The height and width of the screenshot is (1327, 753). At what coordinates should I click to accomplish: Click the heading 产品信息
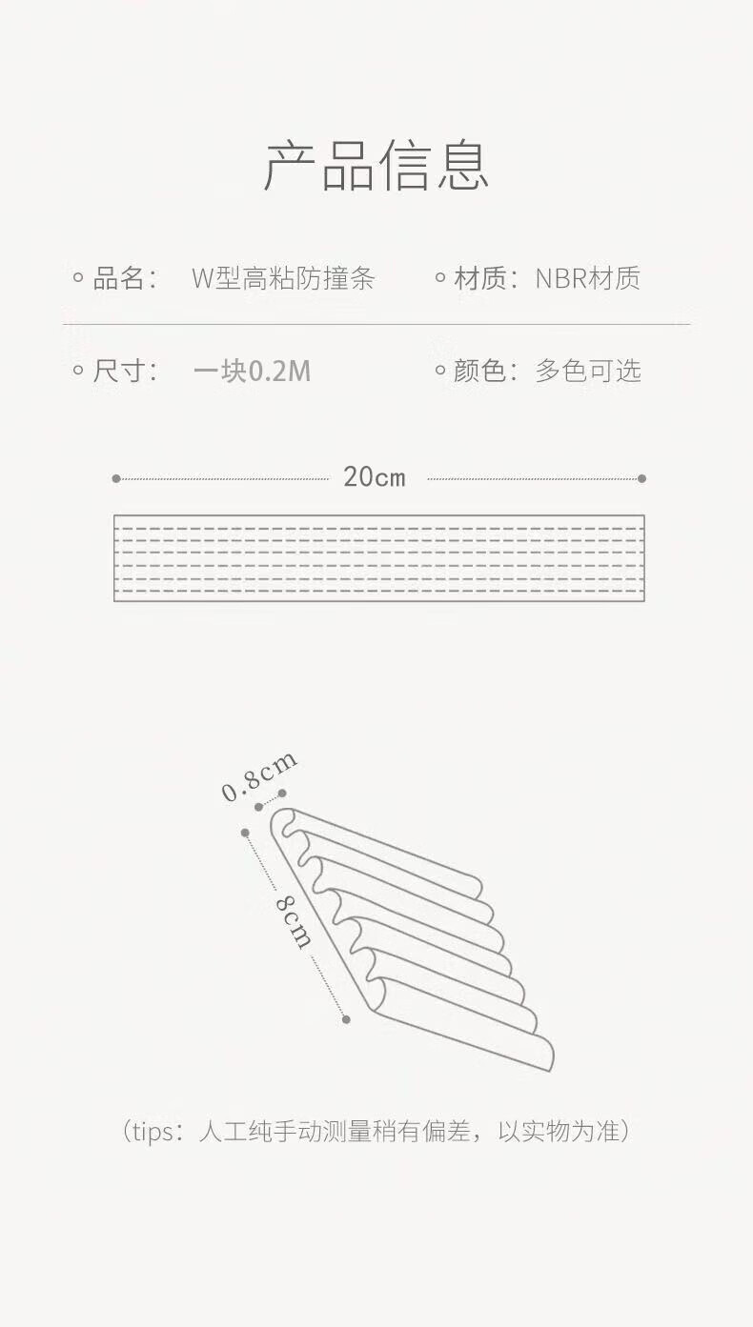click(x=376, y=166)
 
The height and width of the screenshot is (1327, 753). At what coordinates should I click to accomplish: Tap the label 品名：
click(x=125, y=278)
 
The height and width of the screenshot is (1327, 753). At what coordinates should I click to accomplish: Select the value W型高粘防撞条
click(x=283, y=278)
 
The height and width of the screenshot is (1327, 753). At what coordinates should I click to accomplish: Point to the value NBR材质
click(x=587, y=278)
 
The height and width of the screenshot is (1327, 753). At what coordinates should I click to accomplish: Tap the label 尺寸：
click(x=125, y=371)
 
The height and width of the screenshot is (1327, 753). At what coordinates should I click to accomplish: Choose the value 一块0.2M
click(x=252, y=371)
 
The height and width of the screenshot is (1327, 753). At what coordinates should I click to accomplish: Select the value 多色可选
click(x=587, y=371)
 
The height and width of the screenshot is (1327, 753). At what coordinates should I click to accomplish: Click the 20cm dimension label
click(x=375, y=477)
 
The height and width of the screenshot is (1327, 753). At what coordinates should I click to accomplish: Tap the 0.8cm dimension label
click(x=258, y=777)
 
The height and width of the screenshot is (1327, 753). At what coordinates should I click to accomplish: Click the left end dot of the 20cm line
click(x=116, y=478)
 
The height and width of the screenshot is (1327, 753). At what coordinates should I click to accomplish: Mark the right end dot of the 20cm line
click(x=641, y=478)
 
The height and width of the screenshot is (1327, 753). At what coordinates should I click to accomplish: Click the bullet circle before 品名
click(x=78, y=278)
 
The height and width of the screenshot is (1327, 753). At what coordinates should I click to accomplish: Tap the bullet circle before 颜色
click(x=439, y=371)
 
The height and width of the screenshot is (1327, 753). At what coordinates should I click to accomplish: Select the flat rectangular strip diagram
click(x=378, y=558)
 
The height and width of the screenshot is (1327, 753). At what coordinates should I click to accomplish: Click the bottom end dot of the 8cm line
click(x=346, y=1019)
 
